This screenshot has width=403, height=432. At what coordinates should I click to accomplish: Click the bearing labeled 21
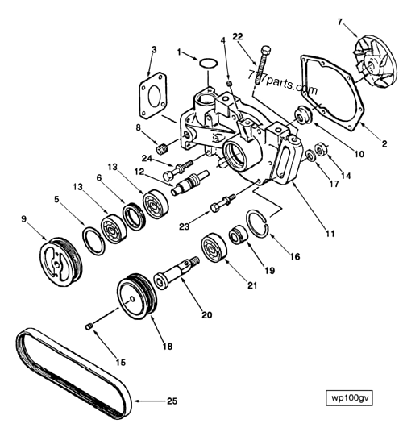click(x=217, y=247)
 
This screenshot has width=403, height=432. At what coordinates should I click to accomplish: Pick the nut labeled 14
click(x=321, y=149)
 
